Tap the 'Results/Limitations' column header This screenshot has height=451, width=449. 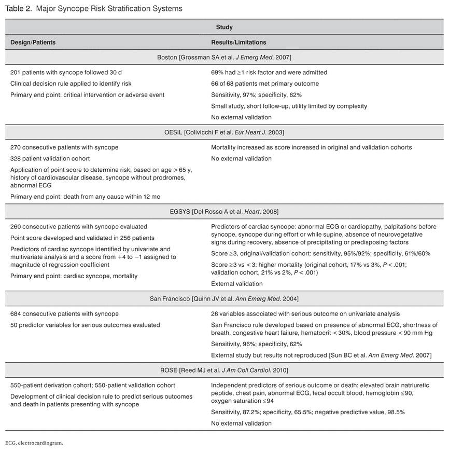[x=238, y=42]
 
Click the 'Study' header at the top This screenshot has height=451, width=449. [x=224, y=27]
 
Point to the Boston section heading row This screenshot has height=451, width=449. [x=224, y=57]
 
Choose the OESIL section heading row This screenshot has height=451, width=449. [x=224, y=132]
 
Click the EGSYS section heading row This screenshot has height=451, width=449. [x=224, y=211]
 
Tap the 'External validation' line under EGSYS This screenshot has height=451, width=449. [x=237, y=284]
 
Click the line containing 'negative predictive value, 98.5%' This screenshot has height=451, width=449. [x=308, y=412]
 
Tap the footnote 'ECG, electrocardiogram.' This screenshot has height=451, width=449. [x=34, y=443]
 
